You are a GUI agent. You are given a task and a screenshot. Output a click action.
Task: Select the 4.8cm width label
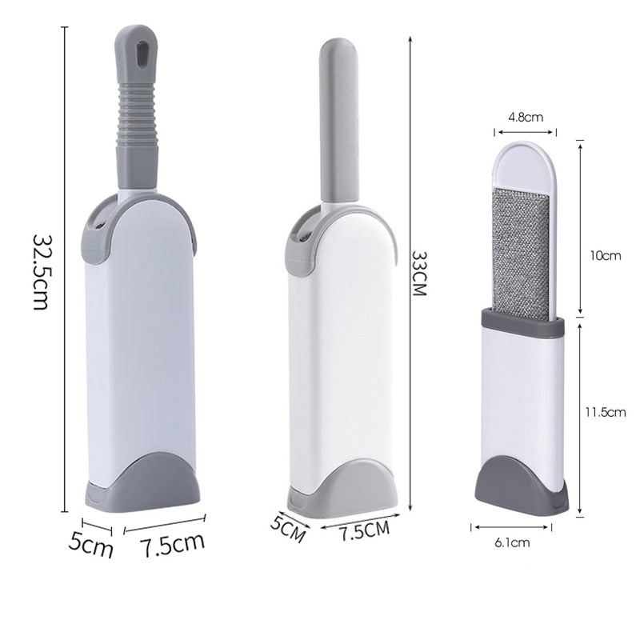[526, 117]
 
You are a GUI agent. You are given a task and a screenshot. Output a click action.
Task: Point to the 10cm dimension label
[605, 256]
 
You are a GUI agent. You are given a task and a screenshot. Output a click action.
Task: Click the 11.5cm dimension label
[605, 413]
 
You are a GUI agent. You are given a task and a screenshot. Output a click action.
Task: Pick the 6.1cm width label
[512, 543]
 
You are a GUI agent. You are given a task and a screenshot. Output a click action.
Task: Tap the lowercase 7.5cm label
[173, 545]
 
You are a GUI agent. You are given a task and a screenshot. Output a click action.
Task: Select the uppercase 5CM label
[288, 529]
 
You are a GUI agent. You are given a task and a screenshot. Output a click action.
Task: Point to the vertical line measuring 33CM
[410, 272]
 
